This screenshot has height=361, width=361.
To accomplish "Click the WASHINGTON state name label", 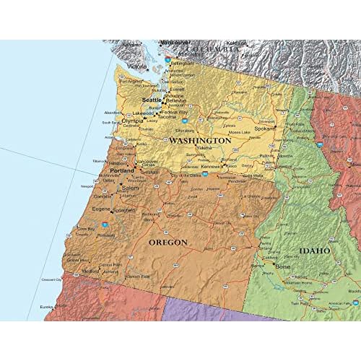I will pos(200,140).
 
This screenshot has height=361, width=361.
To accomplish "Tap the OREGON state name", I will pos(168,243).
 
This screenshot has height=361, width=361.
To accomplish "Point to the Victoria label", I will pos(137,66).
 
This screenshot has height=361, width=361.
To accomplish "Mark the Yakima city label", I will pos(204,148).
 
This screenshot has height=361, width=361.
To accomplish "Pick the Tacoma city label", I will pos(168,116).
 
